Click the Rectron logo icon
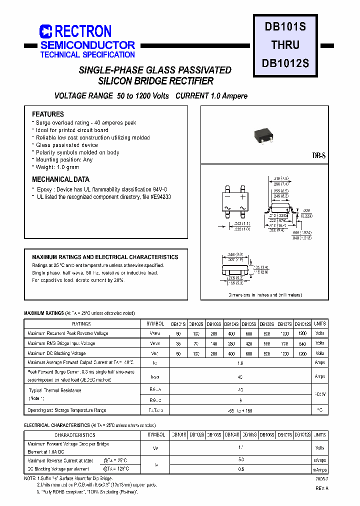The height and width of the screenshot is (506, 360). click(46, 31)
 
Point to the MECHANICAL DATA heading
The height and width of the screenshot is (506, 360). click(60, 179)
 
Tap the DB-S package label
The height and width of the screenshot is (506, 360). click(319, 156)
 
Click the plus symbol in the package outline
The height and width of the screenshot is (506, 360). click(243, 196)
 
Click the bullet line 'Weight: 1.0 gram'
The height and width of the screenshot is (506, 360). click(57, 167)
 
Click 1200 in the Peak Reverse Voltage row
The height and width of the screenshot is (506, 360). click(302, 333)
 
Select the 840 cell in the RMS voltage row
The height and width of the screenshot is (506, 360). click(302, 343)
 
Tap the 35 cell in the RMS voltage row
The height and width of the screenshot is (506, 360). click(179, 343)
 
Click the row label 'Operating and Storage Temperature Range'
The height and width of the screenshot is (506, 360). click(67, 410)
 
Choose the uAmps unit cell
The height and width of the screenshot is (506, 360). click(319, 459)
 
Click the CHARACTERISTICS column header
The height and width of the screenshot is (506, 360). click(75, 435)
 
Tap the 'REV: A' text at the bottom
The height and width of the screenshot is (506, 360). click(321, 488)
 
